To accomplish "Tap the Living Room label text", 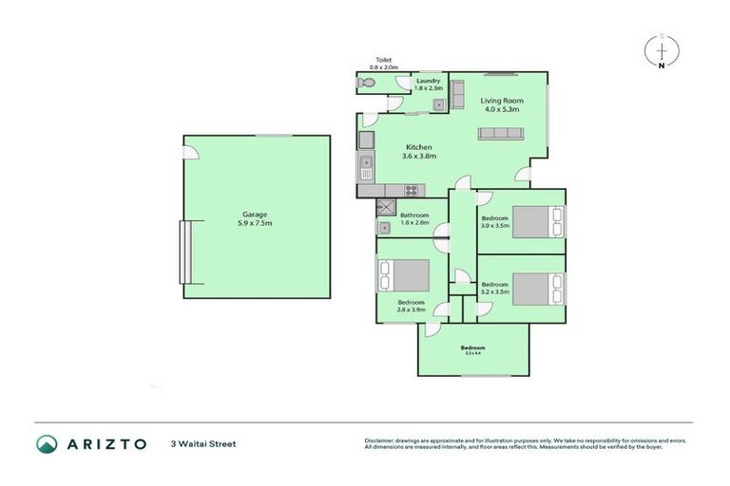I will [500, 101].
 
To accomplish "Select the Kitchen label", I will [419, 147].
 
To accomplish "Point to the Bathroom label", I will [414, 215].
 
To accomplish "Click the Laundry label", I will [429, 81].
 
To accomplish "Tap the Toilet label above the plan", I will [382, 59].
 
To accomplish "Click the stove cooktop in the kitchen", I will [412, 190].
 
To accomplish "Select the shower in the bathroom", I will [387, 207].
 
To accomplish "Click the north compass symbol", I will [662, 50].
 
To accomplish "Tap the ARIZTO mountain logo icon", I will [48, 443].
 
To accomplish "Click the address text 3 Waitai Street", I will [202, 443].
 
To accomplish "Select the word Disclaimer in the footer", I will [379, 440].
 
